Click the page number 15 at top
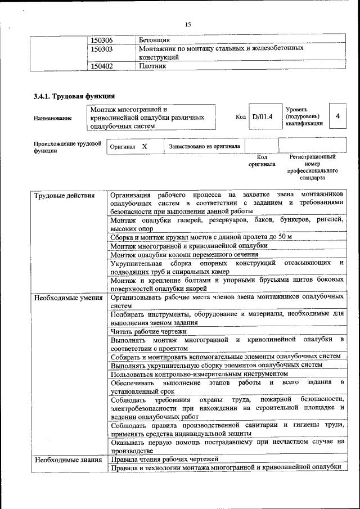[x=188, y=24]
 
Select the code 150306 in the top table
[x=101, y=40]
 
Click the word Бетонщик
[x=154, y=40]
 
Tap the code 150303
[x=101, y=49]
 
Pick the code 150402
[x=101, y=66]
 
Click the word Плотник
[x=152, y=66]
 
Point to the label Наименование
[x=53, y=118]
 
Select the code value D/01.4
[x=262, y=117]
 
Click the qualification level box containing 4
[x=337, y=116]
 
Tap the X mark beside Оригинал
[x=145, y=146]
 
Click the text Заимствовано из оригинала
[x=204, y=146]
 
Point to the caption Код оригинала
[x=262, y=161]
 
